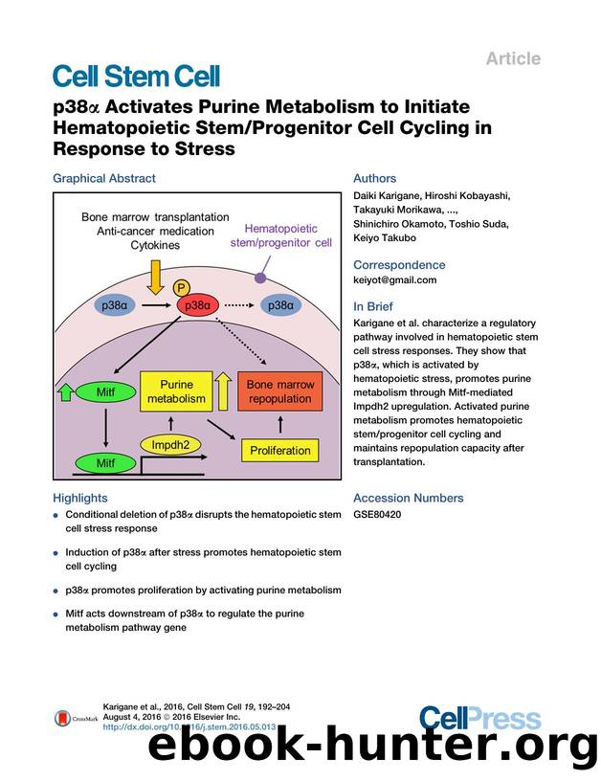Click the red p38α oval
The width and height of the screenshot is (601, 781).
coord(199,305)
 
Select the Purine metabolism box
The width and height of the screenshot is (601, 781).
coord(177,390)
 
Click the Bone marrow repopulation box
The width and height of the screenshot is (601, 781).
coord(280,390)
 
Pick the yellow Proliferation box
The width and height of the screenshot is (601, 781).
coord(280,450)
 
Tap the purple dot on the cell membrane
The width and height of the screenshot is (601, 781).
coord(260,277)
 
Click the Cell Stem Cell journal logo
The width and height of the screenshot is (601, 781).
coord(136,76)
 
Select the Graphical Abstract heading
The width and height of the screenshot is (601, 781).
coord(103,178)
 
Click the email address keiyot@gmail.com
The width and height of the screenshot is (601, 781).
coord(394,279)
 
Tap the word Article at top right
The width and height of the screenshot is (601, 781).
coord(513,58)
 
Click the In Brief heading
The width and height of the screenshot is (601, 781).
coord(376,306)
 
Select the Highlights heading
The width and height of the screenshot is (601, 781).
coord(80,498)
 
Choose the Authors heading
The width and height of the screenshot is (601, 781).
coord(374,178)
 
